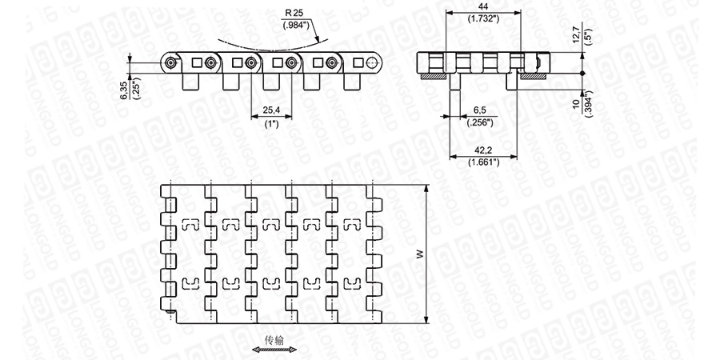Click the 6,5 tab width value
[481, 109]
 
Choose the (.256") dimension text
[481, 120]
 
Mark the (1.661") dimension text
[483, 162]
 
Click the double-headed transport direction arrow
[274, 350]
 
